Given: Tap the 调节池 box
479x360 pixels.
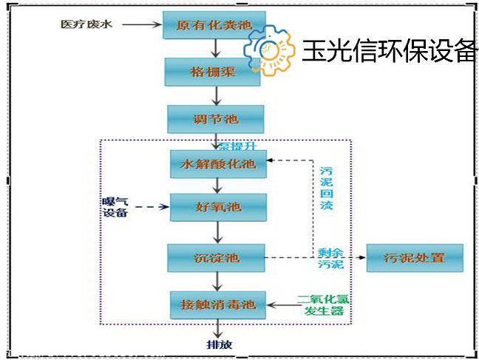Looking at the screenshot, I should (x=215, y=119).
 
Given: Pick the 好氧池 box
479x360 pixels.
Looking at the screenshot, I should (x=217, y=208).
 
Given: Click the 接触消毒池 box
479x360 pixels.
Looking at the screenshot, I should (x=217, y=304).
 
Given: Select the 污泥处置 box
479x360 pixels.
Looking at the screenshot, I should (x=414, y=258).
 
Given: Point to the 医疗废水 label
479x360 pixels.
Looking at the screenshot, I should (x=87, y=25).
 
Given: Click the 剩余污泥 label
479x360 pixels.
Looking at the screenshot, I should (x=330, y=257).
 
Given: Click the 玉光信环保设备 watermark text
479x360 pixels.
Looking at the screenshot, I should (x=390, y=50).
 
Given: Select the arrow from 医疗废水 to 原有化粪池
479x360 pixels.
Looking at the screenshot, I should (x=140, y=26).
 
